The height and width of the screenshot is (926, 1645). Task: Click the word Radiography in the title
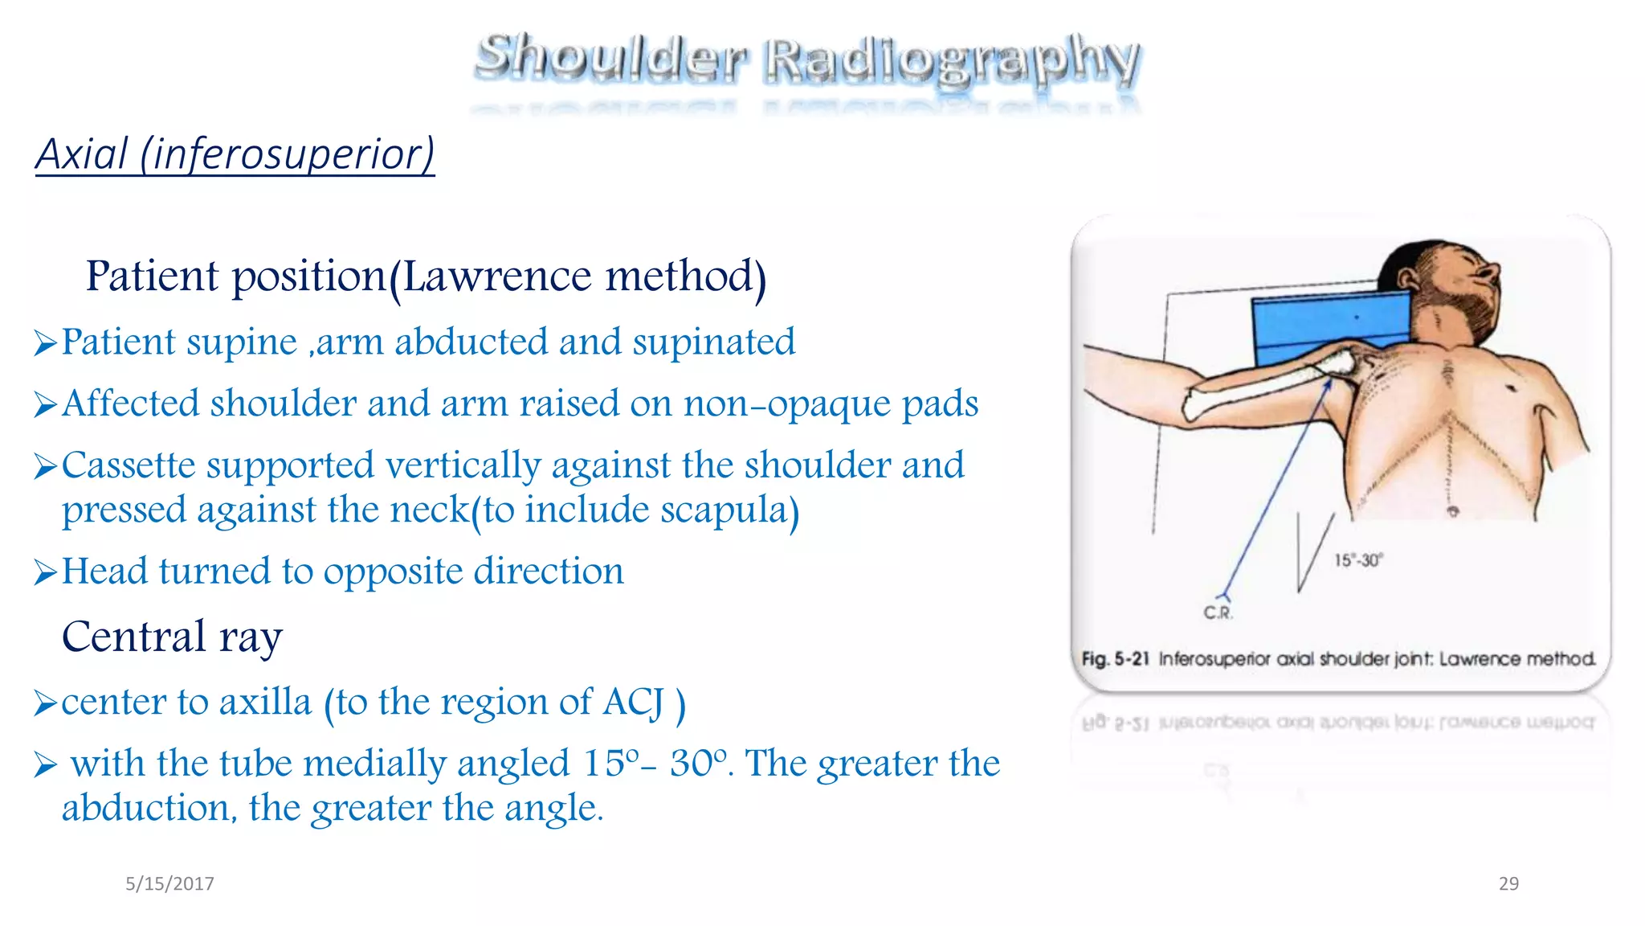tap(951, 60)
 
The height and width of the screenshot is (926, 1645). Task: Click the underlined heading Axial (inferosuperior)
tap(235, 154)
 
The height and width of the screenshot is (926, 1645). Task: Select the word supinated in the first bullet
tap(713, 342)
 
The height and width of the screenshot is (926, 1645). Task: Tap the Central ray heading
tap(172, 637)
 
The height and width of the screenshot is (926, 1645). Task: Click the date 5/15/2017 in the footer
tap(169, 884)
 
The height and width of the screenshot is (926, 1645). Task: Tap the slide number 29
tap(1508, 884)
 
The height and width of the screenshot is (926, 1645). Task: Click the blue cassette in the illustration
tap(1325, 326)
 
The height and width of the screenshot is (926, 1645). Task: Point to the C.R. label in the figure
tap(1218, 613)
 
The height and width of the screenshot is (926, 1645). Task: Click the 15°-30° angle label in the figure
tap(1358, 561)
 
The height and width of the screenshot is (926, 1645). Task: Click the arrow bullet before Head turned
tap(45, 573)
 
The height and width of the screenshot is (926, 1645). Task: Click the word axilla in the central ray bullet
tap(265, 703)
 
